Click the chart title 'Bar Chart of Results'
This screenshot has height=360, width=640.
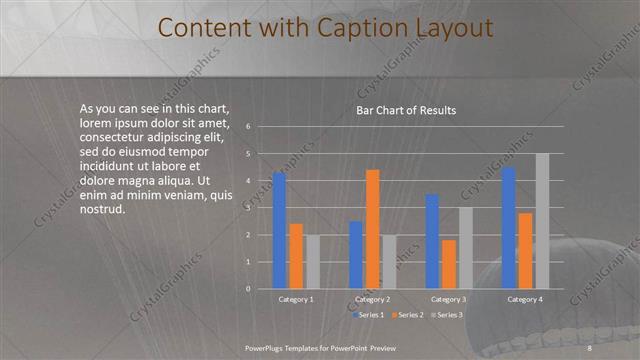coord(406,110)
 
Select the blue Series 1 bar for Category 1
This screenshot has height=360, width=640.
coord(279,230)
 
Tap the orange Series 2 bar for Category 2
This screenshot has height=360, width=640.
coord(372,229)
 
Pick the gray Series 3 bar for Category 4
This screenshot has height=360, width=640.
coord(542,221)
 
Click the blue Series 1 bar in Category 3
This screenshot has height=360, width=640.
coord(432,241)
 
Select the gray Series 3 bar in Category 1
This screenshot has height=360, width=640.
coord(312,261)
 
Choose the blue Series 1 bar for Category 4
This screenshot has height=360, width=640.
coord(509,228)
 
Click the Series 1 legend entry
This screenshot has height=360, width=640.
coord(371,315)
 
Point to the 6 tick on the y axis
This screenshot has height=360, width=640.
coord(248,126)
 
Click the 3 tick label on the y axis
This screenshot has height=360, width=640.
coord(248,207)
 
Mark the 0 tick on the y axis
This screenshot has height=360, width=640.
coord(248,289)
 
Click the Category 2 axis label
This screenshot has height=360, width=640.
coord(372,299)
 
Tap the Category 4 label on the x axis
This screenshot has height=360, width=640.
coord(525,299)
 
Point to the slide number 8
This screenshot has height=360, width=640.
coord(590,346)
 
